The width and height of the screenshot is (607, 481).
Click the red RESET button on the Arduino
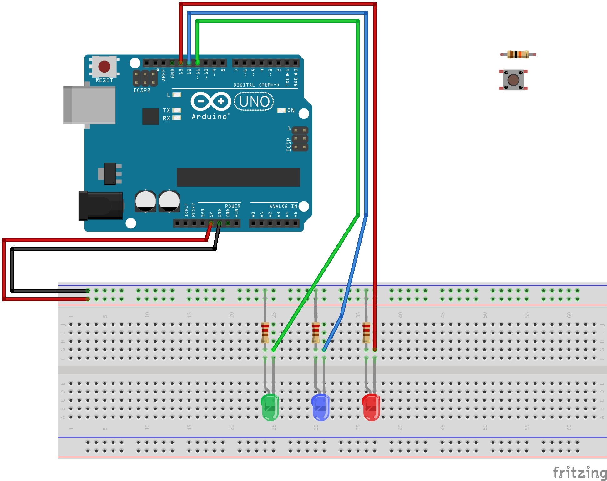click(104, 66)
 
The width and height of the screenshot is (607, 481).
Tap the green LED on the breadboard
click(270, 407)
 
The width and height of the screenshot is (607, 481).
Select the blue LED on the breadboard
click(321, 407)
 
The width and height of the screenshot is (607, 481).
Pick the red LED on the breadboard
click(371, 407)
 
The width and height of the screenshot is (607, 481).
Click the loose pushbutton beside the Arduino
click(513, 80)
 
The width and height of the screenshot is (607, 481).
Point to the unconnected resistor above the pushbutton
click(518, 54)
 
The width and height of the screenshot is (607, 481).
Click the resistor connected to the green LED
click(265, 333)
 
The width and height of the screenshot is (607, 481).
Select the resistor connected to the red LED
click(366, 333)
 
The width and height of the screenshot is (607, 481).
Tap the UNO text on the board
click(254, 102)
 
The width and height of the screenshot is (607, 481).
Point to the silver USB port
click(89, 105)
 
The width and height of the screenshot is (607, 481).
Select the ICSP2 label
click(142, 90)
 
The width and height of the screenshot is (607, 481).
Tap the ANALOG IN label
click(283, 206)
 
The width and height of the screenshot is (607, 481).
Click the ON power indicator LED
click(281, 110)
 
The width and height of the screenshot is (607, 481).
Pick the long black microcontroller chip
click(238, 177)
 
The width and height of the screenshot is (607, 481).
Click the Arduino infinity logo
click(210, 101)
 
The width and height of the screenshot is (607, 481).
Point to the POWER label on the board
click(233, 206)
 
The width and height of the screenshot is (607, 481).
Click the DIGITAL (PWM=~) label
click(256, 85)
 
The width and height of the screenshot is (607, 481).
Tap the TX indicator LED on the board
click(177, 110)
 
